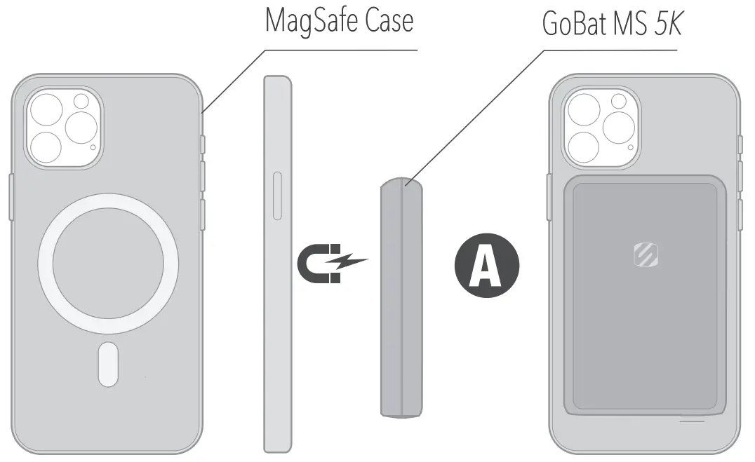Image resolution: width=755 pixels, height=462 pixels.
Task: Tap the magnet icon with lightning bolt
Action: pos(330,264)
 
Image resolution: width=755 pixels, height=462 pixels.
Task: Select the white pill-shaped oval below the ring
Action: pos(107,362)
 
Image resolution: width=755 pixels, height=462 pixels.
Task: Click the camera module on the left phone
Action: pos(64,130)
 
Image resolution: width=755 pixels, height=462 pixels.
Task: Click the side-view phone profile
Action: pos(277,263)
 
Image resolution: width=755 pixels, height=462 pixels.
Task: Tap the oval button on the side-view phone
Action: pos(277,196)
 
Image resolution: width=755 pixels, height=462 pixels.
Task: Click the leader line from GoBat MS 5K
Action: pos(477,116)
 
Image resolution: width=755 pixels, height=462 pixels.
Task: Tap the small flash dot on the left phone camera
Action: pos(93,147)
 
